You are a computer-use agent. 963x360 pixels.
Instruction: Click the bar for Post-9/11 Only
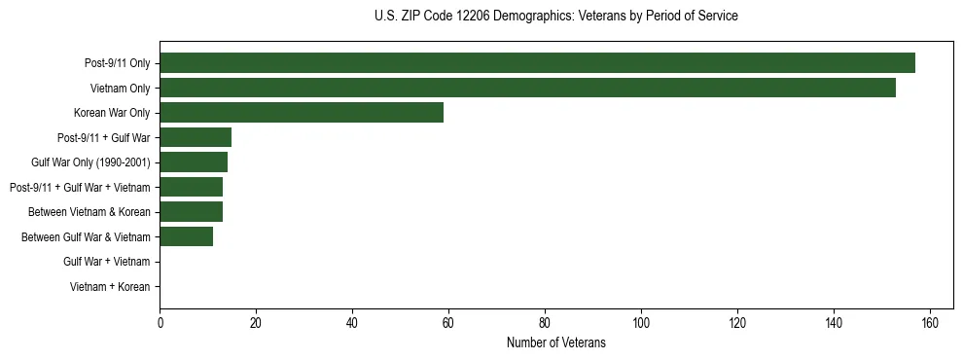[x=537, y=63]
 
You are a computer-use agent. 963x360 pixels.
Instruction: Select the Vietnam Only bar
[x=527, y=89]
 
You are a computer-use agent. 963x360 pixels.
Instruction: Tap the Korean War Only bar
[x=302, y=113]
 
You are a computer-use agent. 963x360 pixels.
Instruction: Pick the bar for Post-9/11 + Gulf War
[x=196, y=138]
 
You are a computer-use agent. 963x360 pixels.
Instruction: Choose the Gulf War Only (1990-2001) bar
[x=194, y=162]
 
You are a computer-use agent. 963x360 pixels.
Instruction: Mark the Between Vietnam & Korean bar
[x=191, y=212]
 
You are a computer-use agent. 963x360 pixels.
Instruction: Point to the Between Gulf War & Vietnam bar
[x=186, y=236]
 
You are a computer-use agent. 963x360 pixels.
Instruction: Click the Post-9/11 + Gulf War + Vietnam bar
[x=191, y=188]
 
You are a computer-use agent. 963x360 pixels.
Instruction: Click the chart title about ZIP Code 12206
[x=555, y=17]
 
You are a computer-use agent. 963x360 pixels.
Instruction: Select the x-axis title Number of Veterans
[x=555, y=342]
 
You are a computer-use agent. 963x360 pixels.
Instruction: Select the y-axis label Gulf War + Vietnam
[x=106, y=262]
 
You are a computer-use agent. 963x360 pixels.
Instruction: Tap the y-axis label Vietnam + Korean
[x=110, y=287]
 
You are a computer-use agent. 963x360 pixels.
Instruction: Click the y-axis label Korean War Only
[x=112, y=113]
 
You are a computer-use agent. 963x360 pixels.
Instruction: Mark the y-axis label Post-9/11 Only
[x=117, y=63]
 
